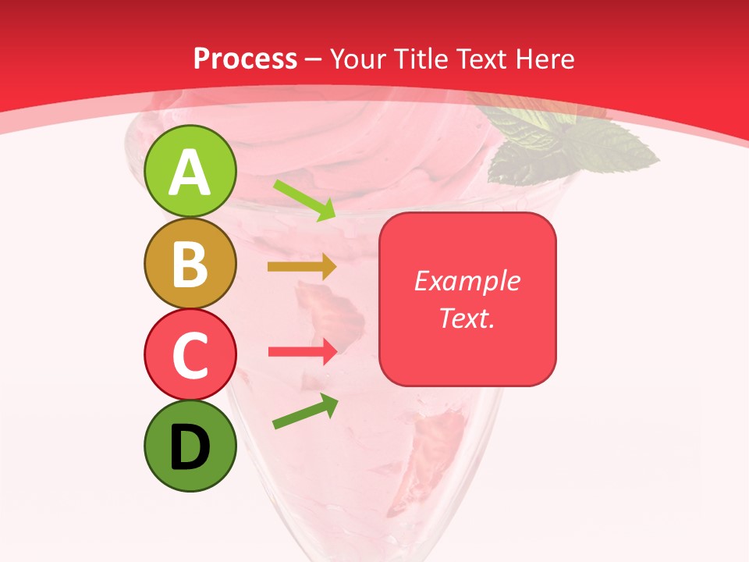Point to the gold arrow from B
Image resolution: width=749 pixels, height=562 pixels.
pos(301,267)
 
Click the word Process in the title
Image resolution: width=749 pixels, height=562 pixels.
pos(245,59)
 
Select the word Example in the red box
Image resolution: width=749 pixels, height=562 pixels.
pos(467,281)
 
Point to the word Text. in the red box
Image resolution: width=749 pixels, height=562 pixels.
pos(467,318)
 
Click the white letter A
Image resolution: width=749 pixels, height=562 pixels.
pos(190,173)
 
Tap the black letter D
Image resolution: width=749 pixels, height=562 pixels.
pos(190,447)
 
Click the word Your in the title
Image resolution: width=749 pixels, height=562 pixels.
pos(357,59)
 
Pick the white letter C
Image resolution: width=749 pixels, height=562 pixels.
pos(190,356)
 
